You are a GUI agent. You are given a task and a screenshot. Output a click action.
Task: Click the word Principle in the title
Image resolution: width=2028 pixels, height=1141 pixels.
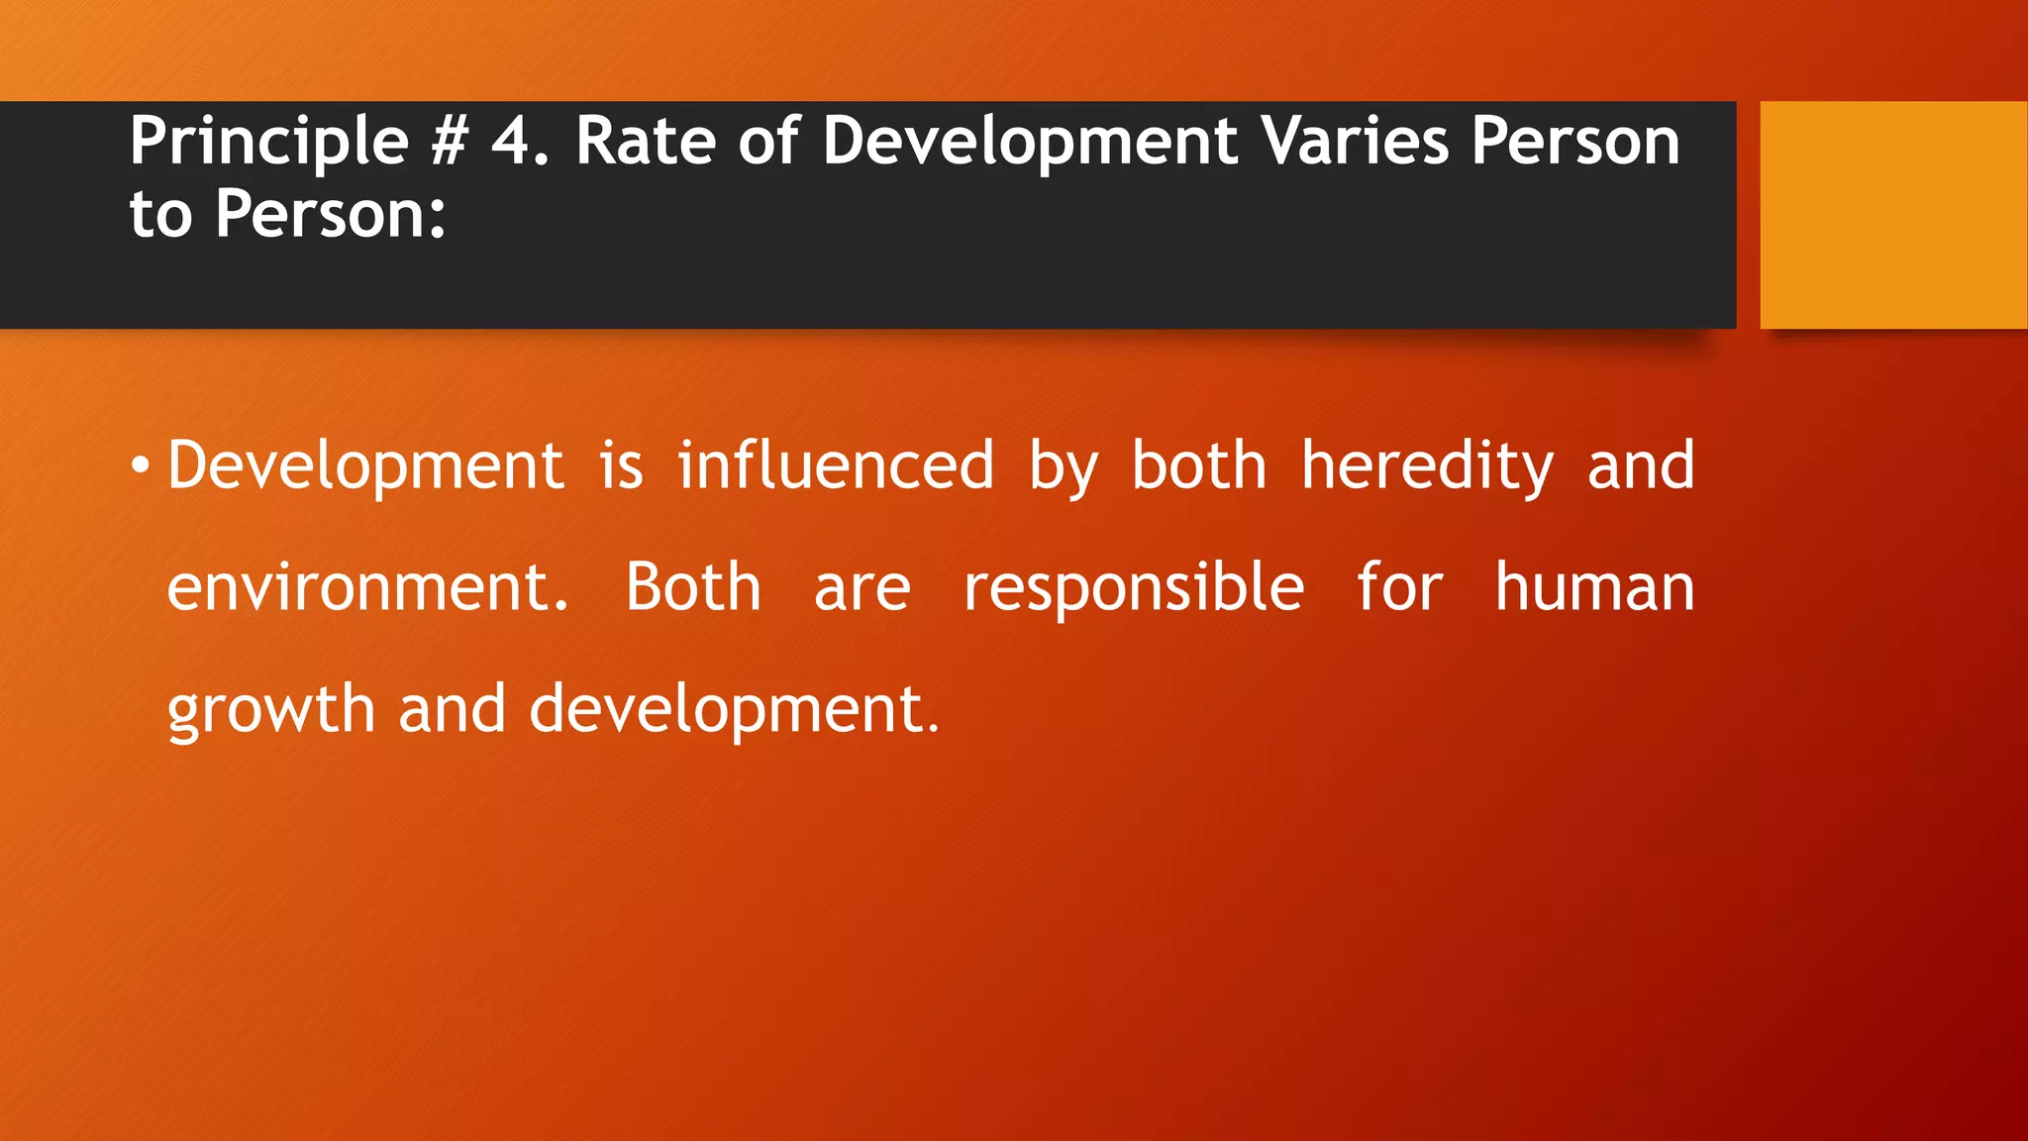tap(268, 142)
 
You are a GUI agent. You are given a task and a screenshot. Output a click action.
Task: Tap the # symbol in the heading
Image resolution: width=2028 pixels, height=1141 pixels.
tap(450, 142)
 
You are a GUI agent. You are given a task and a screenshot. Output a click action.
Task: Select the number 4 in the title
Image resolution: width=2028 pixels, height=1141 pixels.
tap(512, 142)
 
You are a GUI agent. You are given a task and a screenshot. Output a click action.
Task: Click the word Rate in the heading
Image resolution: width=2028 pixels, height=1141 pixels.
tap(645, 142)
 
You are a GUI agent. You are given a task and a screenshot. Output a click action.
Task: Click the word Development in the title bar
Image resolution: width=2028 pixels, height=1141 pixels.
tap(1030, 142)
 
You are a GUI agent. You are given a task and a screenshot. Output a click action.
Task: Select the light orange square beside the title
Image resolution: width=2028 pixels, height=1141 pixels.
tap(1892, 214)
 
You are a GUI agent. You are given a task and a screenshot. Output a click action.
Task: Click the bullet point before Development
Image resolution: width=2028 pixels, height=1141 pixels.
tap(141, 466)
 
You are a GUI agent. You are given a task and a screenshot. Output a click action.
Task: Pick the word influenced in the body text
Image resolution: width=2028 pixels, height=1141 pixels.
tap(836, 466)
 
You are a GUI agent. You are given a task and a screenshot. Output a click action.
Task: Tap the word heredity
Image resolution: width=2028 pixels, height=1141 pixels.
tap(1427, 466)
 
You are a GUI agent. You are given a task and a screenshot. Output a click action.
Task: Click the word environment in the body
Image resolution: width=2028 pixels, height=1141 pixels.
tap(359, 587)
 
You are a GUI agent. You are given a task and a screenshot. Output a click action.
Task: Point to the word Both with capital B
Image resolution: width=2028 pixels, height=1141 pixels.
tap(693, 587)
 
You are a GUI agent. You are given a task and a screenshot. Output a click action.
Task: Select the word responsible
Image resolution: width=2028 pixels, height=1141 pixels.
tap(1134, 587)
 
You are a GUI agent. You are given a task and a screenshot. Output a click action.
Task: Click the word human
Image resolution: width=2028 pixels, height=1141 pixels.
tap(1594, 587)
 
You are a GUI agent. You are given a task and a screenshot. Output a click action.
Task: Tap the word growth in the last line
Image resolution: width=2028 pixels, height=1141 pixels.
tap(270, 709)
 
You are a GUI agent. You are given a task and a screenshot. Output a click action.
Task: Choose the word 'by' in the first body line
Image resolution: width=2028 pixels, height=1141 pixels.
tap(1064, 466)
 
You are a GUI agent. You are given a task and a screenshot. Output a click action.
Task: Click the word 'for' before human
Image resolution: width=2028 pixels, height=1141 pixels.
tap(1399, 587)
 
